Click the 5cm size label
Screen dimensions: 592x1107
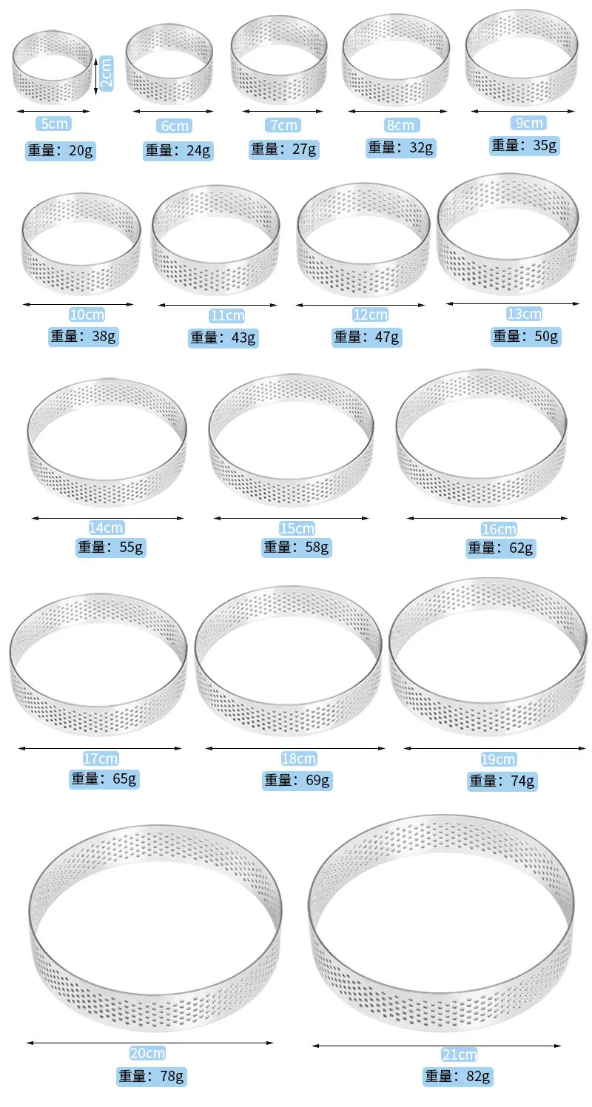pos(54,124)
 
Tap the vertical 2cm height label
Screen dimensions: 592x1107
pos(107,73)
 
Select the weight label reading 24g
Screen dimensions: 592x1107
pos(178,150)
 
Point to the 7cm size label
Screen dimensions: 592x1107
pos(283,125)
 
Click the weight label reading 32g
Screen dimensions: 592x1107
pos(401,148)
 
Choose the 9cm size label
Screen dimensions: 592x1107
pos(529,123)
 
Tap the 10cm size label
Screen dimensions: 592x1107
pos(87,314)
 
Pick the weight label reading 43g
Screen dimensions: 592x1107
pos(223,338)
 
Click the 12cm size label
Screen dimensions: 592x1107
pos(370,314)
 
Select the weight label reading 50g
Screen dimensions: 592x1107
pos(526,337)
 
